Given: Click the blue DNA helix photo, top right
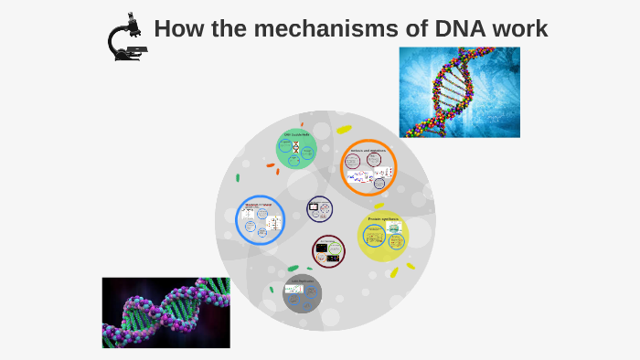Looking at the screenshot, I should [x=459, y=92].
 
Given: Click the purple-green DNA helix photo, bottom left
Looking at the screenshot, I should [x=165, y=312].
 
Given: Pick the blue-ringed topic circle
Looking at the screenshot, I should [x=260, y=221].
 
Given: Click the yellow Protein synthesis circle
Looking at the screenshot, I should [x=383, y=236].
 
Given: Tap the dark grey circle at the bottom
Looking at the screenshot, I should [x=303, y=292].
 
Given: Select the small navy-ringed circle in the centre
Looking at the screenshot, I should [x=320, y=209].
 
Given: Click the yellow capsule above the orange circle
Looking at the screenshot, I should [x=344, y=130].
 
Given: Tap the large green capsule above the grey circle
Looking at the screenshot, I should [x=293, y=269].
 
